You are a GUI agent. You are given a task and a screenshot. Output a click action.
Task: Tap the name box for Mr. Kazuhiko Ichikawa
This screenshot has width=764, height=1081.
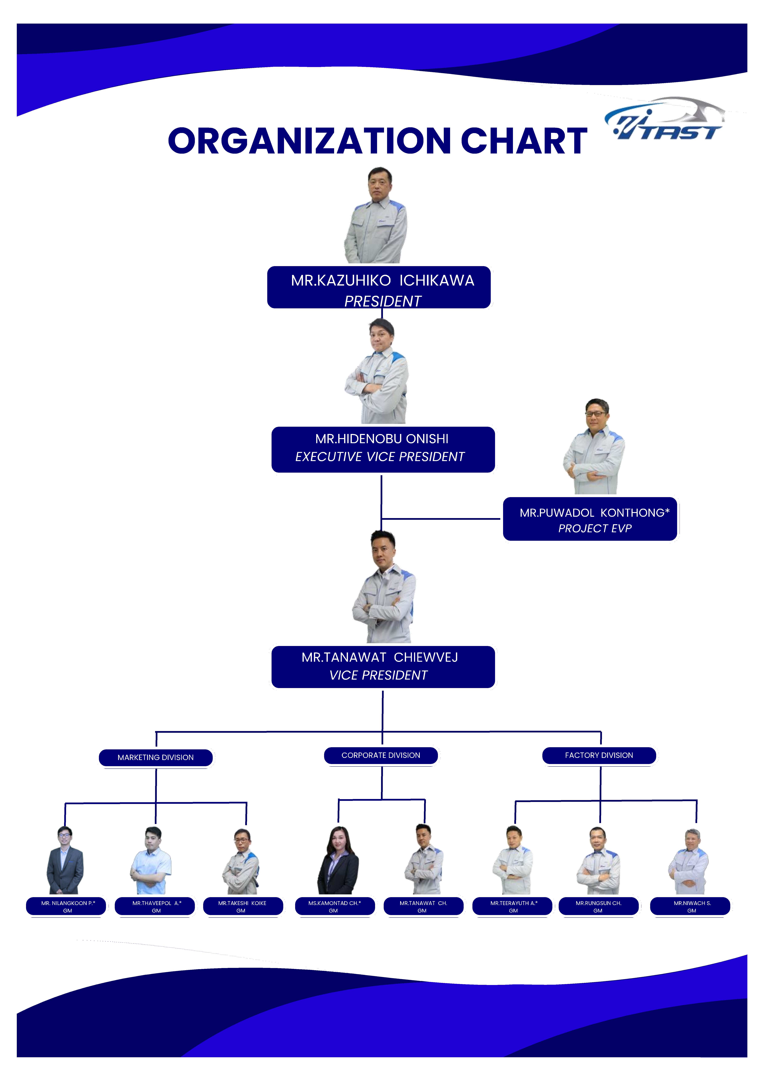coord(379,287)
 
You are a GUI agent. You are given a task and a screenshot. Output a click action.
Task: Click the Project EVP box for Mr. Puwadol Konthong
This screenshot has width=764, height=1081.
coord(590,519)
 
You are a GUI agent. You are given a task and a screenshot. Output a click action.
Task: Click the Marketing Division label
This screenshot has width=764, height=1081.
coord(156,758)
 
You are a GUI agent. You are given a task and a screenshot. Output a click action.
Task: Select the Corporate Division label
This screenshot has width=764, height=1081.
coord(381,755)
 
